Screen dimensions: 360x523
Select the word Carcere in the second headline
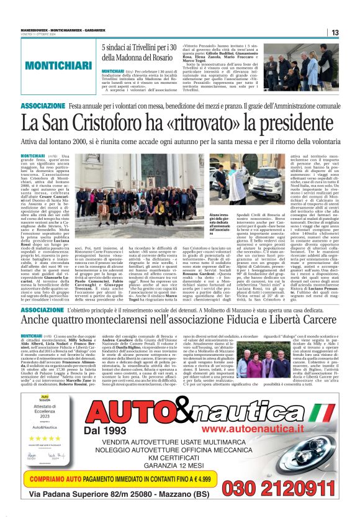click(x=316, y=320)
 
